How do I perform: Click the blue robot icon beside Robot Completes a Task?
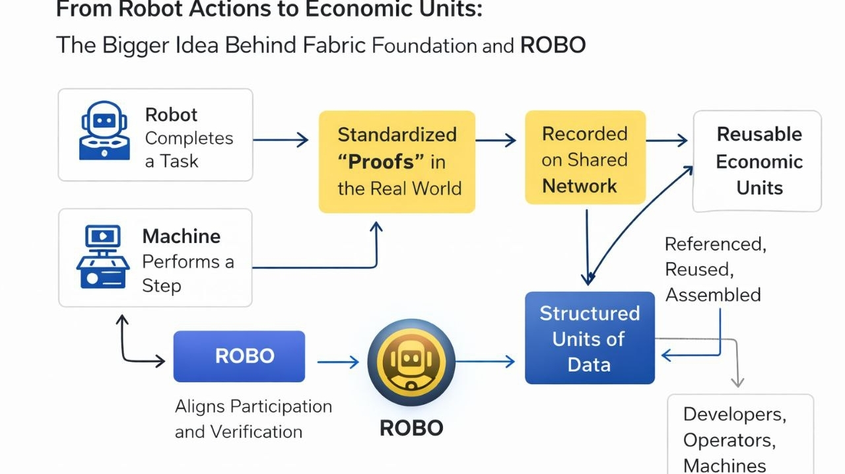[x=104, y=131]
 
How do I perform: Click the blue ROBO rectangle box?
[x=239, y=356]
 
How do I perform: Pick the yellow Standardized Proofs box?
[x=397, y=162]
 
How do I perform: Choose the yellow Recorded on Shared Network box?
[x=585, y=158]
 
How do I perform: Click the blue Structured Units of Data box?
[x=590, y=338]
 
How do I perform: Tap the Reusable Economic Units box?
[x=757, y=161]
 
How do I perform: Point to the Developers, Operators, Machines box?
[x=740, y=436]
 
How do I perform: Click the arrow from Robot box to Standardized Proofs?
[x=281, y=140]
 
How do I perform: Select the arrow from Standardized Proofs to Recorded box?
[x=495, y=140]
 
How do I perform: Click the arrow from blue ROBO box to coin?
[x=337, y=362]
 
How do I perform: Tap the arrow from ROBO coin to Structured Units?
[x=485, y=361]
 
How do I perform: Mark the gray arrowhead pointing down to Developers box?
[x=737, y=382]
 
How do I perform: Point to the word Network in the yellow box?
[x=579, y=186]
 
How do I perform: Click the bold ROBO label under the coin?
[x=411, y=427]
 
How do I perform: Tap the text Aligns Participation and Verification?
[x=253, y=419]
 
